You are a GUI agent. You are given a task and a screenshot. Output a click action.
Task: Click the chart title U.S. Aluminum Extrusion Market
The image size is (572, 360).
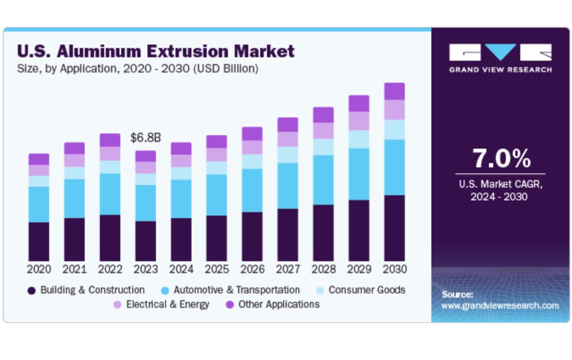point(156,51)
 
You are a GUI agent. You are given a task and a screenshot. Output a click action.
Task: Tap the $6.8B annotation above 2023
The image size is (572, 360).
point(146,138)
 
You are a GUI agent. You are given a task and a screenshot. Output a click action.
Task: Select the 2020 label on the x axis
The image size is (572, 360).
point(39,269)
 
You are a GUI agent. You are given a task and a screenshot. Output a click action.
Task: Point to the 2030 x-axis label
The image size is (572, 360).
point(395,269)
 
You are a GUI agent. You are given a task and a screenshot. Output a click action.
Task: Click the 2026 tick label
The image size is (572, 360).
point(252,269)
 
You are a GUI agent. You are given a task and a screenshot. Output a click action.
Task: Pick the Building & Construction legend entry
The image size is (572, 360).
point(86,290)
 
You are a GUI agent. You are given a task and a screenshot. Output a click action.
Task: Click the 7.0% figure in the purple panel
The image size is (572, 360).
point(501,158)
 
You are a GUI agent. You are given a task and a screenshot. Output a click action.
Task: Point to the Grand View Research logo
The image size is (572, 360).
point(501,58)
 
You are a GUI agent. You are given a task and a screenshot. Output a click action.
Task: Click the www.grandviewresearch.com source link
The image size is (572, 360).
point(500,305)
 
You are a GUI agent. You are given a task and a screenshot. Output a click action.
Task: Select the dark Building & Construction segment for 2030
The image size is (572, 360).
point(395,228)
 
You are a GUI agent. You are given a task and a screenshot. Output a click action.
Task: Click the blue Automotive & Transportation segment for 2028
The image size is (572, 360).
point(323,180)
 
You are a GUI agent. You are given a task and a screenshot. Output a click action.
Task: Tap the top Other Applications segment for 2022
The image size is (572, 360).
point(110,140)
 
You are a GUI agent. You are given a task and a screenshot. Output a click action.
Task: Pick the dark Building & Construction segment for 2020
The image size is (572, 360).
point(39,241)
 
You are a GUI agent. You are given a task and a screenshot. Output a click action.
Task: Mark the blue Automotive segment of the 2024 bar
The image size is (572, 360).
point(181,199)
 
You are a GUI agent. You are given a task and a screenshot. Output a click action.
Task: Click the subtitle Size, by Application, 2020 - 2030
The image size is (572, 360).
point(138,69)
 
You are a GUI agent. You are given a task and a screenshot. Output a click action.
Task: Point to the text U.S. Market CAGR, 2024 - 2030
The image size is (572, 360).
point(501,191)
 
